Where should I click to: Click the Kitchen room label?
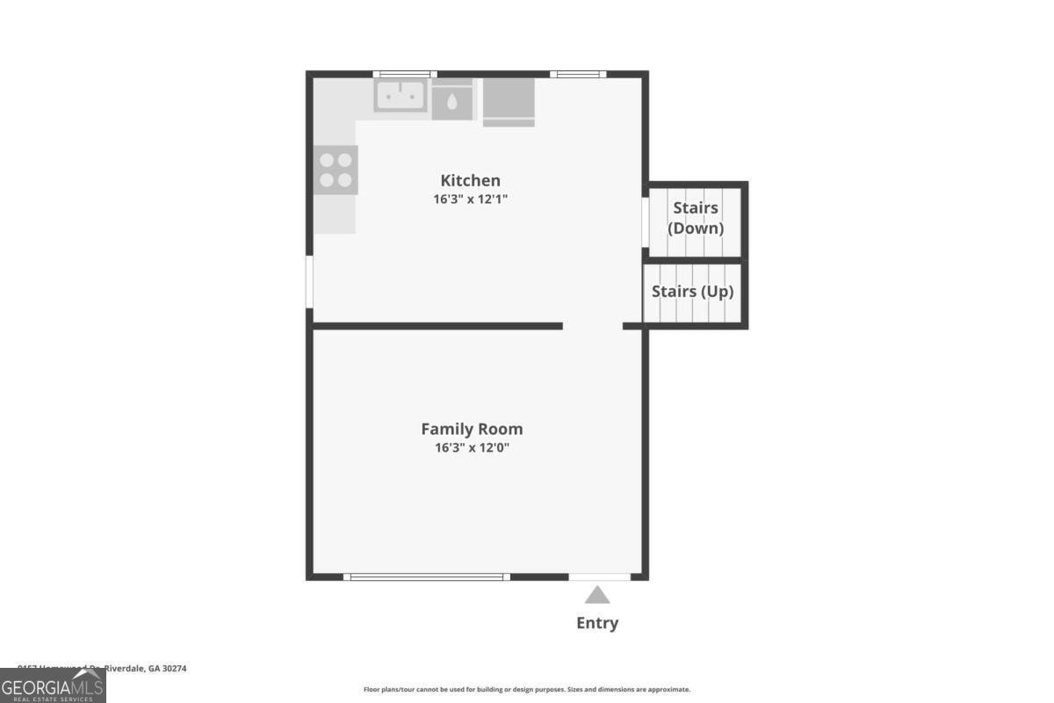470,181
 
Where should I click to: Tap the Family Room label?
472,429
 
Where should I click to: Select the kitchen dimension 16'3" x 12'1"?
470,199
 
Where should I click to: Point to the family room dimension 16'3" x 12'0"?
472,447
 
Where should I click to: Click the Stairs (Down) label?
696,218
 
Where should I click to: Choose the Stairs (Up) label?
692,292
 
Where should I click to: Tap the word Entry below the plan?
597,623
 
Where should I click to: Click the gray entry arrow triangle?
597,596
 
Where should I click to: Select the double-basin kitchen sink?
401,96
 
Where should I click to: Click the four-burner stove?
336,170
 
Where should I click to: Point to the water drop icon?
452,101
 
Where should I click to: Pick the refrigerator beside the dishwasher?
509,101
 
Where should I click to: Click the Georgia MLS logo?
53,685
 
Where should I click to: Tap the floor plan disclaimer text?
527,690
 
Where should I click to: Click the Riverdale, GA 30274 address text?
145,669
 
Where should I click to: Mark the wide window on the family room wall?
427,576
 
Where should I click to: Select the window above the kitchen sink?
404,74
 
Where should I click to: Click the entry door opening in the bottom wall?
599,576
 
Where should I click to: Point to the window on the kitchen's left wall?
309,281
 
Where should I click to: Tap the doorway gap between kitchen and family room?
592,326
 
